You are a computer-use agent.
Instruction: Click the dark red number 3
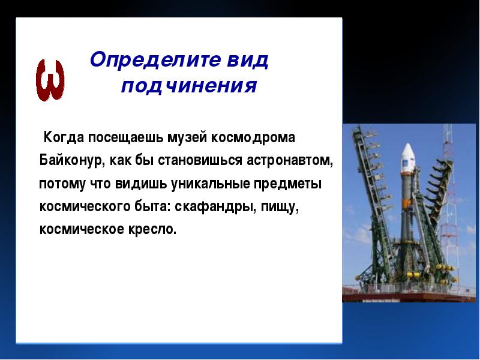click(x=50, y=80)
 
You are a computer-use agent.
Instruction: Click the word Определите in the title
click(x=155, y=59)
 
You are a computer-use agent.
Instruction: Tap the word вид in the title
click(x=248, y=59)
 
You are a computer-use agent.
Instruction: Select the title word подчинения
click(x=189, y=85)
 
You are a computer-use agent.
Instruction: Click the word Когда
click(x=64, y=137)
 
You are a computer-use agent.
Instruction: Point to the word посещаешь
click(x=126, y=138)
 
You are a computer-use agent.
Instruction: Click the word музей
click(x=187, y=138)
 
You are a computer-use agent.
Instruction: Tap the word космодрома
click(x=253, y=138)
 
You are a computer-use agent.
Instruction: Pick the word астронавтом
click(x=290, y=161)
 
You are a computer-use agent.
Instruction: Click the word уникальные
click(x=210, y=184)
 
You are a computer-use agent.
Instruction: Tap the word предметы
click(x=287, y=184)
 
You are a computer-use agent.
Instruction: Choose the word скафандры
click(x=215, y=206)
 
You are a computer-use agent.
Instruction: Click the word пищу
click(x=280, y=207)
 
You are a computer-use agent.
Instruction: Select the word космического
click(x=85, y=206)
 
